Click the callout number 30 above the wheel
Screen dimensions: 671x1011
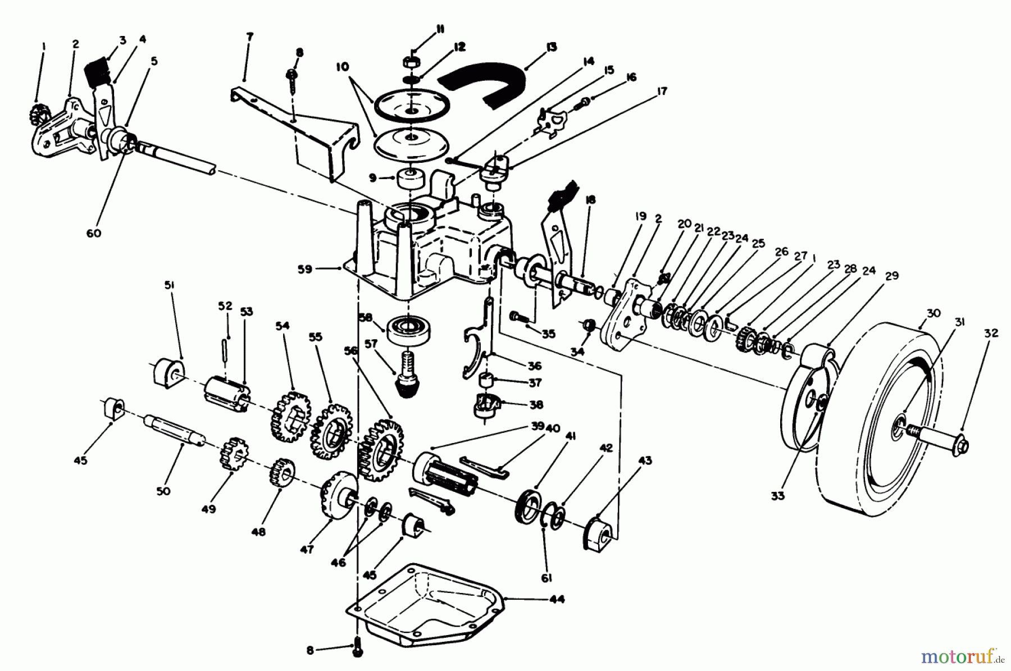(933, 314)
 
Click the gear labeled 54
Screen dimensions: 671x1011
(292, 416)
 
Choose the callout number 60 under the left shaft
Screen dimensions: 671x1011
(94, 232)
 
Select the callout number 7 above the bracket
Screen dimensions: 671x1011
(249, 37)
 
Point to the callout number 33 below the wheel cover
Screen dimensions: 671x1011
(777, 496)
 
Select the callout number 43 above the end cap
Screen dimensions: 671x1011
(645, 461)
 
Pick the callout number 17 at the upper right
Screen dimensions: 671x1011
(662, 90)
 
